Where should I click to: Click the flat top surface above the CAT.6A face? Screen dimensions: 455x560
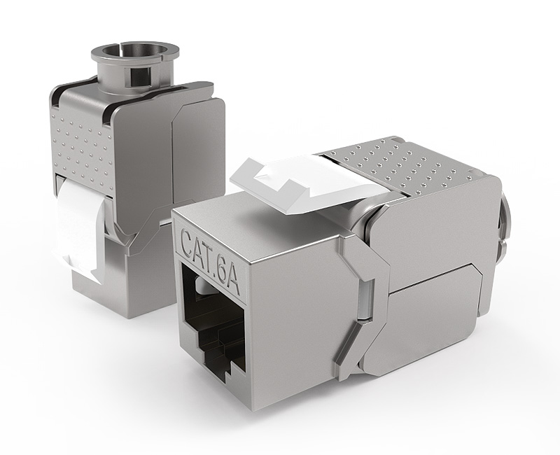click(x=231, y=210)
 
